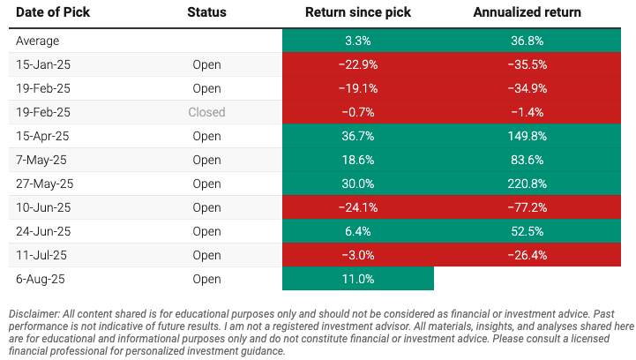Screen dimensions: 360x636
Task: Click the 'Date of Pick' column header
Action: coord(51,13)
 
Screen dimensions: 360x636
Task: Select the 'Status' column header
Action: coord(206,13)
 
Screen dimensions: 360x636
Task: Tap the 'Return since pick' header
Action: coord(357,13)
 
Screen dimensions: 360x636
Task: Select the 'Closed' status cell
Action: coord(206,112)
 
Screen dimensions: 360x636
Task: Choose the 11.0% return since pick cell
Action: coord(357,279)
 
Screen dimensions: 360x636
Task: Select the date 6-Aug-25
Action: coord(41,279)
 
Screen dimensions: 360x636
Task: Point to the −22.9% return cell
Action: coord(357,64)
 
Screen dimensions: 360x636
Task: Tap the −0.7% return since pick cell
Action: coord(357,112)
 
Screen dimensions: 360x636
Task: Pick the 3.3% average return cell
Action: coord(357,41)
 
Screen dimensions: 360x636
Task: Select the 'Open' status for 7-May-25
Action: coord(206,160)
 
